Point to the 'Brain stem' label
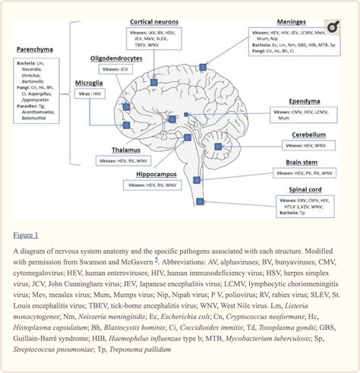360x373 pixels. coord(302,163)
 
